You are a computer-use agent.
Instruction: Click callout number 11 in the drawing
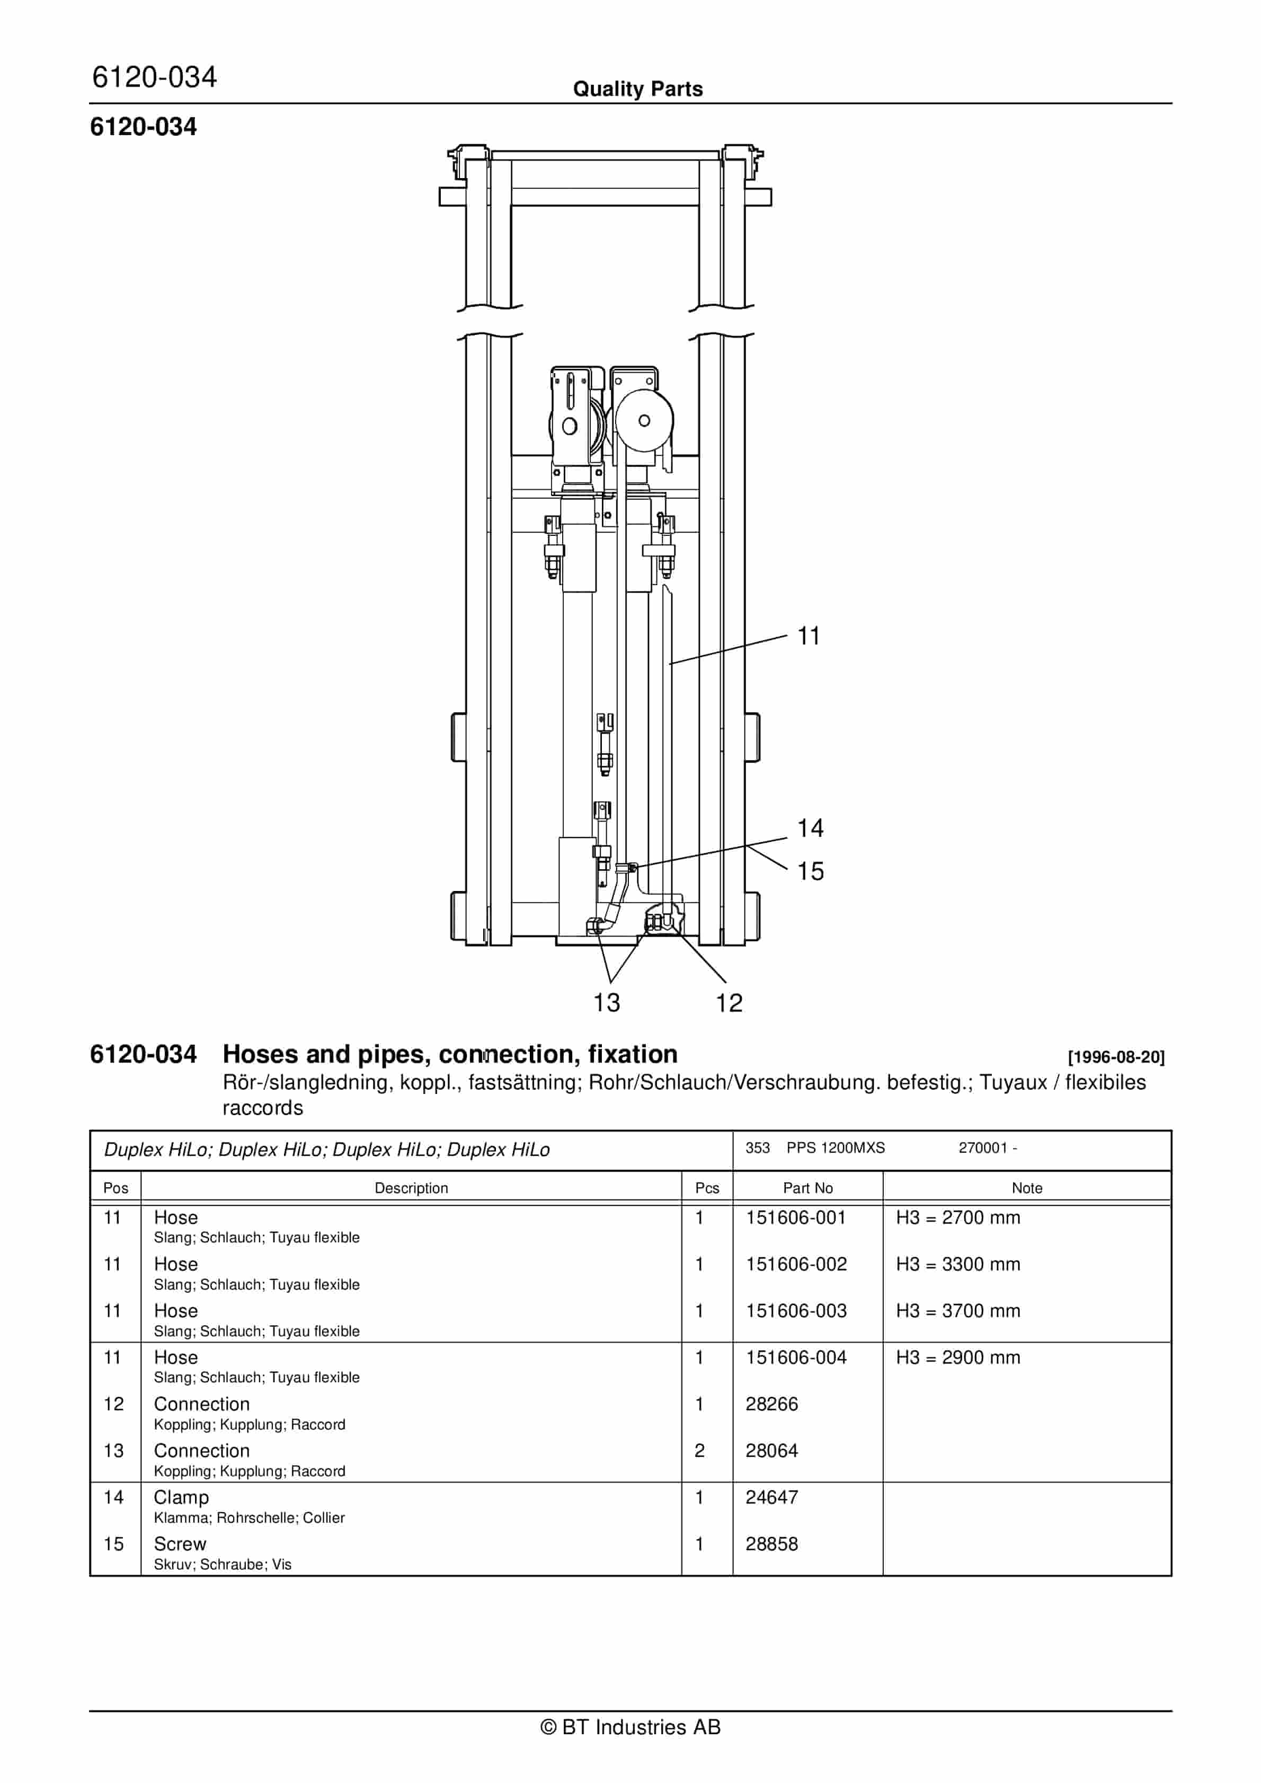point(809,636)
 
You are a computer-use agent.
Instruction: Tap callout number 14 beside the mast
point(810,828)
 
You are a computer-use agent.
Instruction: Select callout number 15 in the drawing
point(810,871)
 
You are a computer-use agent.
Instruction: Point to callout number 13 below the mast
point(607,1003)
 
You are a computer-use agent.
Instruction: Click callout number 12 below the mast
point(729,1003)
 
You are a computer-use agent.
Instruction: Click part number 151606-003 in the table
point(796,1311)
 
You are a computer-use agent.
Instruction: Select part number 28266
point(771,1404)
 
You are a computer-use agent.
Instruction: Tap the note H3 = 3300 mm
point(957,1264)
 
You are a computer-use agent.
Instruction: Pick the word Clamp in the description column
point(181,1497)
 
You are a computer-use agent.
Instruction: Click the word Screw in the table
point(180,1544)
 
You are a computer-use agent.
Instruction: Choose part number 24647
point(771,1497)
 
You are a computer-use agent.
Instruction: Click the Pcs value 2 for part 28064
point(699,1451)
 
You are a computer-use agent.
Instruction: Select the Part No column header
point(807,1188)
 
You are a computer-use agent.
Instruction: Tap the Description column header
point(411,1188)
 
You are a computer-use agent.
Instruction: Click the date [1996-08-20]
point(1116,1057)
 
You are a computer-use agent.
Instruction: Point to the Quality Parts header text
point(637,89)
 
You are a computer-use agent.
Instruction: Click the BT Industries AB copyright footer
point(630,1727)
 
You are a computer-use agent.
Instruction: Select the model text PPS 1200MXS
point(836,1148)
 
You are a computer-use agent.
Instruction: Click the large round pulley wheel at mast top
point(644,421)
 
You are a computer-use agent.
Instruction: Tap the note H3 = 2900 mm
point(957,1357)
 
